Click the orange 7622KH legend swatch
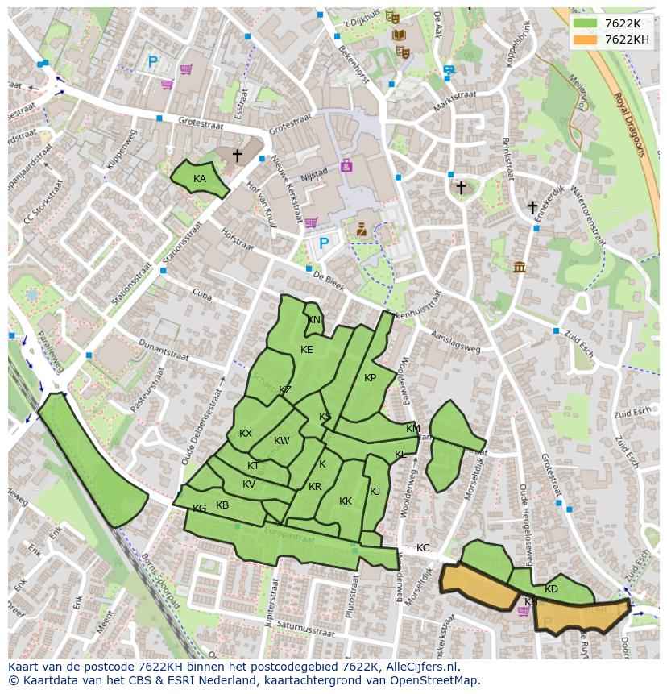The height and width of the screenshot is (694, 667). [586, 39]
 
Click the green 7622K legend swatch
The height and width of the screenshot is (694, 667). [586, 24]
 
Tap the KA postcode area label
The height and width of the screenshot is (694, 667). [200, 179]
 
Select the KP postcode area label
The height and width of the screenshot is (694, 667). [370, 378]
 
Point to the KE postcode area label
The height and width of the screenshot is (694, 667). [306, 350]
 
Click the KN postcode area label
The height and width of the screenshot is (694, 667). [314, 320]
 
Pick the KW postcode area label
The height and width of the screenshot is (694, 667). [281, 441]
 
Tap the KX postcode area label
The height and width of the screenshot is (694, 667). [246, 434]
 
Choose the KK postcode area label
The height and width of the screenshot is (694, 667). [346, 501]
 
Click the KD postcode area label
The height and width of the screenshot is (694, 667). [551, 589]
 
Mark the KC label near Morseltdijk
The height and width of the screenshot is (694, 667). [423, 548]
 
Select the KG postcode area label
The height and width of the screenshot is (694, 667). [200, 509]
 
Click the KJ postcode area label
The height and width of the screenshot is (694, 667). [375, 492]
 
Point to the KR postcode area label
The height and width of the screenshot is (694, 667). [315, 487]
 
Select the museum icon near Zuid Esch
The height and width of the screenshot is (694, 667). [519, 267]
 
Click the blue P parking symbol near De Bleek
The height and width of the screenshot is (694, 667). [324, 243]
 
